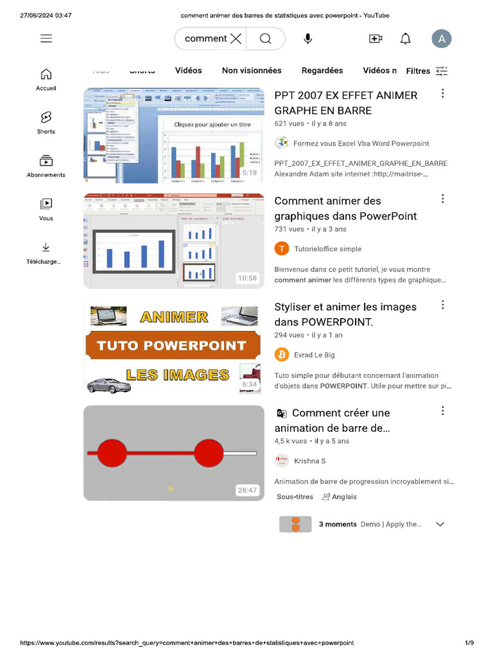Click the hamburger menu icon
click(46, 38)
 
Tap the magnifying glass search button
click(265, 38)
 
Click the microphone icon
click(308, 38)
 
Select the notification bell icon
click(406, 38)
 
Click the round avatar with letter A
click(442, 38)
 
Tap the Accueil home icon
click(46, 74)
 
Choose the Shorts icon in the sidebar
click(46, 117)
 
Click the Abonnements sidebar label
click(46, 175)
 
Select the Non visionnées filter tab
click(252, 71)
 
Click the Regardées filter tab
click(322, 71)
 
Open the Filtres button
click(427, 71)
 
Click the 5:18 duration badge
click(249, 173)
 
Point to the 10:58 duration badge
click(247, 278)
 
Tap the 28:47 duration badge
click(247, 490)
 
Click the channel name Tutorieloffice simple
click(327, 249)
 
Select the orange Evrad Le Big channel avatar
click(282, 354)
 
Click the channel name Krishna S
click(309, 461)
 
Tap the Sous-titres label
click(295, 497)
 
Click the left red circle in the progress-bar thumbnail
click(112, 453)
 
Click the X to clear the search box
click(236, 38)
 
